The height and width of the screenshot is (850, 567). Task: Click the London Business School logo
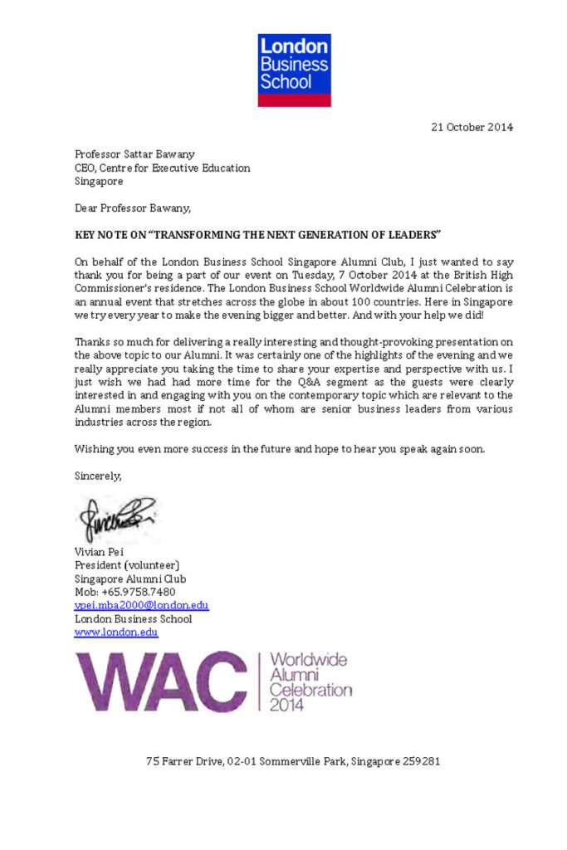[x=294, y=70]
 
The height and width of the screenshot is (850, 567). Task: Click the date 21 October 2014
[x=472, y=127]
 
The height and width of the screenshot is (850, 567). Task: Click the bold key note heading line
[x=257, y=234]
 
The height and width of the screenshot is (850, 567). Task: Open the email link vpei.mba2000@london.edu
[x=142, y=605]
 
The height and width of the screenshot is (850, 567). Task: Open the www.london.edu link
[x=116, y=632]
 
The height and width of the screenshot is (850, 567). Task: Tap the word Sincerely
[x=98, y=476]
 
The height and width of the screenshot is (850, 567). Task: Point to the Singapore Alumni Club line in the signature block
[x=130, y=579]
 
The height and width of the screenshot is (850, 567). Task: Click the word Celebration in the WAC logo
[x=310, y=690]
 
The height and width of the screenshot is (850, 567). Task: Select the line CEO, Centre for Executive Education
[x=162, y=167]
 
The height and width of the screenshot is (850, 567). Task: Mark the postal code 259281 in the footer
[x=422, y=760]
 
